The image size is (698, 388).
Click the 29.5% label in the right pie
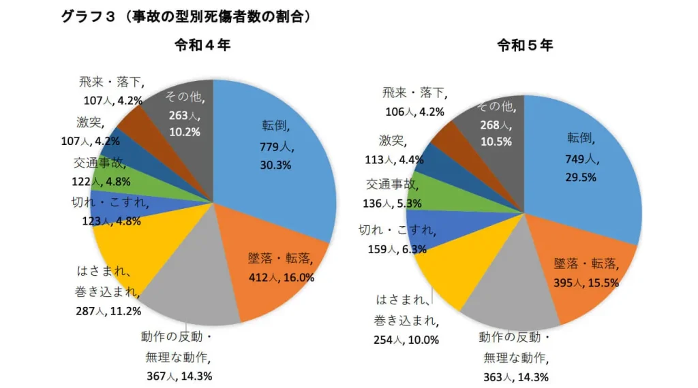pos(581,177)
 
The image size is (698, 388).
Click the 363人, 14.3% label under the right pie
pos(517,376)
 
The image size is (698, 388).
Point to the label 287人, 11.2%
pos(108,311)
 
